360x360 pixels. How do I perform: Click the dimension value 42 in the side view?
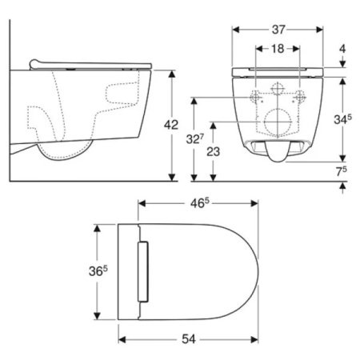pyautogui.click(x=171, y=125)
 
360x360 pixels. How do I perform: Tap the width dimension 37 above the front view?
pyautogui.click(x=278, y=30)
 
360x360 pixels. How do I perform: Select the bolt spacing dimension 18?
pyautogui.click(x=278, y=49)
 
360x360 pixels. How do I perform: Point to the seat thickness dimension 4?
pyautogui.click(x=342, y=49)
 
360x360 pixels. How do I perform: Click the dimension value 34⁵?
pyautogui.click(x=342, y=119)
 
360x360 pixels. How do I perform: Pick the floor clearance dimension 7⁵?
pyautogui.click(x=342, y=171)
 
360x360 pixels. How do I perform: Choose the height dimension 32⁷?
pyautogui.click(x=195, y=138)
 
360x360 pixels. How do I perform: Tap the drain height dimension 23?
pyautogui.click(x=214, y=152)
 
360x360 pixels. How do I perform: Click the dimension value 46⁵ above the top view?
pyautogui.click(x=199, y=203)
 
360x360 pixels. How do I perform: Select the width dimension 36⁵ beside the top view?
pyautogui.click(x=98, y=271)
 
